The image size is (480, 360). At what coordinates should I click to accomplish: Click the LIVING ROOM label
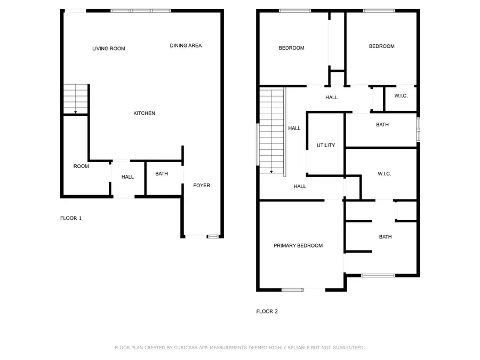108,49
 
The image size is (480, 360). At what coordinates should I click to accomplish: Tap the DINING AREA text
186,46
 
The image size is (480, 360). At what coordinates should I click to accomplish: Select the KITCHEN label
144,113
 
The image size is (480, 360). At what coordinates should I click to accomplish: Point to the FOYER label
202,186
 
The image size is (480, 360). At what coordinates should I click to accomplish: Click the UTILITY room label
325,145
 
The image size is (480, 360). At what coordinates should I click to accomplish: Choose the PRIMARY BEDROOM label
298,246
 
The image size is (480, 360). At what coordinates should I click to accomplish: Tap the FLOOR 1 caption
70,218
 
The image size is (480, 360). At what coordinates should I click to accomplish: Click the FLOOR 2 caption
267,311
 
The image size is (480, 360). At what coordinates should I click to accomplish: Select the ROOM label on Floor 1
81,166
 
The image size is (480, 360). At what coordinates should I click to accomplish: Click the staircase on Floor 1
75,99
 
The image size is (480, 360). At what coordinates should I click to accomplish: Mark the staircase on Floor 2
271,131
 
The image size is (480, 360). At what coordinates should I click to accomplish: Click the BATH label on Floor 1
162,174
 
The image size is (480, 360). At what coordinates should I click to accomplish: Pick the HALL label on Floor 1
127,177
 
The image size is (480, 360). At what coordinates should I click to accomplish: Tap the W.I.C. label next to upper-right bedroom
401,96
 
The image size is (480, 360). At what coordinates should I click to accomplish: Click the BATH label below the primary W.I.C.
385,237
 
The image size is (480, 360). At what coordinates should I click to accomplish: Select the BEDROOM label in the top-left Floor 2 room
291,48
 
